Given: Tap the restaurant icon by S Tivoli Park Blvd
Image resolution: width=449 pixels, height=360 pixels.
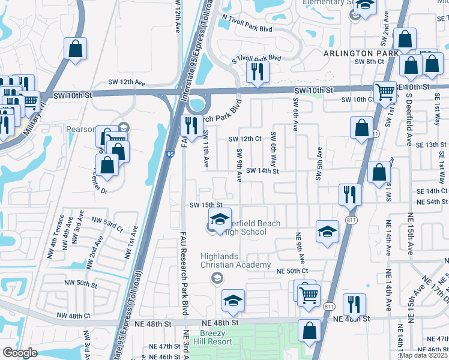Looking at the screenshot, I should [258, 73].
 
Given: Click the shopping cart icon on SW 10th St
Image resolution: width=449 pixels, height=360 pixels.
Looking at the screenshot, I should [385, 92].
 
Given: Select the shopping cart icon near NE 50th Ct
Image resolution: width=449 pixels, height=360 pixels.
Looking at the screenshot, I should [309, 295].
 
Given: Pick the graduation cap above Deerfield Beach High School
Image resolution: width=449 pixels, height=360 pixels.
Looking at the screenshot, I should [220, 218].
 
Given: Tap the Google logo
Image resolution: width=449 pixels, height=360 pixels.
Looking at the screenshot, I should [20, 353].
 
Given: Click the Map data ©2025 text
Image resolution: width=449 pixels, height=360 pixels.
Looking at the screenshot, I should [424, 355].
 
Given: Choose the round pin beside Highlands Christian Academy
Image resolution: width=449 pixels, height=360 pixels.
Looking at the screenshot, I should [217, 278].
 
